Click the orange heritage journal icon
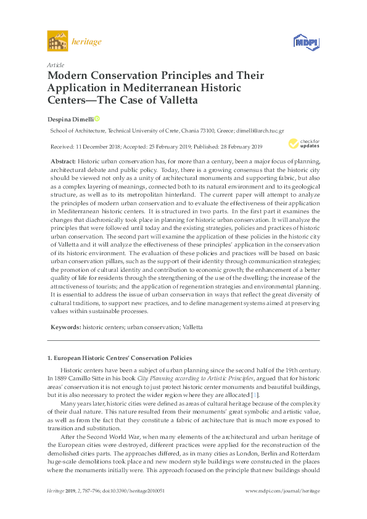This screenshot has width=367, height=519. click(x=57, y=42)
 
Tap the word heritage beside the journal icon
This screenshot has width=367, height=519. click(x=87, y=42)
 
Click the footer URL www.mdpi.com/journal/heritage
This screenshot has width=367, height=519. click(x=282, y=507)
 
